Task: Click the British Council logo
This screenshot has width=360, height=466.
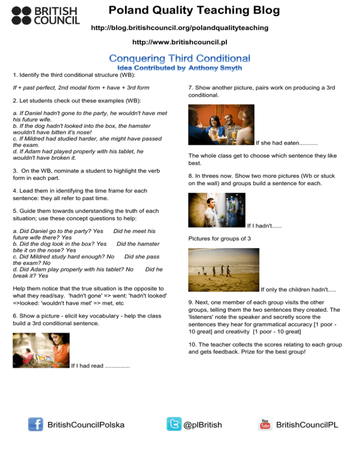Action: pos(45,15)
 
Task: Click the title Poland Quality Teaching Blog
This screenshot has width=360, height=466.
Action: pos(193,10)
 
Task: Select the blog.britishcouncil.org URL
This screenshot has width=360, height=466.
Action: pos(180,28)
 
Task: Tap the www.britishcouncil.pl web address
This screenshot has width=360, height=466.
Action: pos(180,43)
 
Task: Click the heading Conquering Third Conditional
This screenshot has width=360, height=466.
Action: pos(180,59)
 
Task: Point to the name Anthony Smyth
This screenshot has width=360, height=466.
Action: pos(215,68)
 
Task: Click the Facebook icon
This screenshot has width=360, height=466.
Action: pos(36,424)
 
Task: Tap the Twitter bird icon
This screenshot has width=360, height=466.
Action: pos(174,424)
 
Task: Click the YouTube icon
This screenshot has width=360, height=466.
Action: pos(265,424)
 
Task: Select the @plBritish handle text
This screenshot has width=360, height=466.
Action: pos(202,425)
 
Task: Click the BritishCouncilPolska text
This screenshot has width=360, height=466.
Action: pos(86,425)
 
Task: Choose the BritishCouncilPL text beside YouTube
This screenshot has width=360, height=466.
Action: pos(307,425)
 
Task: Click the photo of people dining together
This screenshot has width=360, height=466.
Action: pos(221,124)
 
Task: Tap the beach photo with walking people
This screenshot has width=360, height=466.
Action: pos(223,270)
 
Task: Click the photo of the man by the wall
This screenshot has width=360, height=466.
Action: pos(217,210)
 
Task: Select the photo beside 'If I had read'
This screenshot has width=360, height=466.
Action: pos(41,350)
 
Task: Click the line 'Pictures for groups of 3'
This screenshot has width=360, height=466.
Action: pos(219,239)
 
